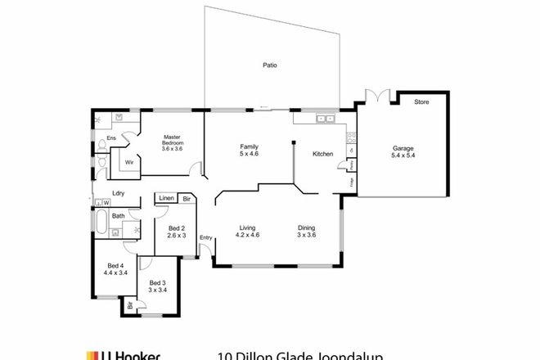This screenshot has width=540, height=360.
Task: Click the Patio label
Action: coord(268,65)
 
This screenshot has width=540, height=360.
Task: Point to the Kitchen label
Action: coord(322,153)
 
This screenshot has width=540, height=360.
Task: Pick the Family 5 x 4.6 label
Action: coord(249,149)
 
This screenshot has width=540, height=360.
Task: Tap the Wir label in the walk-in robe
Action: coord(129,163)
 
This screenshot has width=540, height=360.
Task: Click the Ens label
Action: coord(111,138)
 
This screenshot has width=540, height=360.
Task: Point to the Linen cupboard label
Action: coord(166,199)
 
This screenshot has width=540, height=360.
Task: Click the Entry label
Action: coord(205,238)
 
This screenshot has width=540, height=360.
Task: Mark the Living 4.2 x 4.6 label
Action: coord(248,231)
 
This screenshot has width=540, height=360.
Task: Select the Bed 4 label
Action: coord(115,268)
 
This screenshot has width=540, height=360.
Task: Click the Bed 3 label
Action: coord(156,286)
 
